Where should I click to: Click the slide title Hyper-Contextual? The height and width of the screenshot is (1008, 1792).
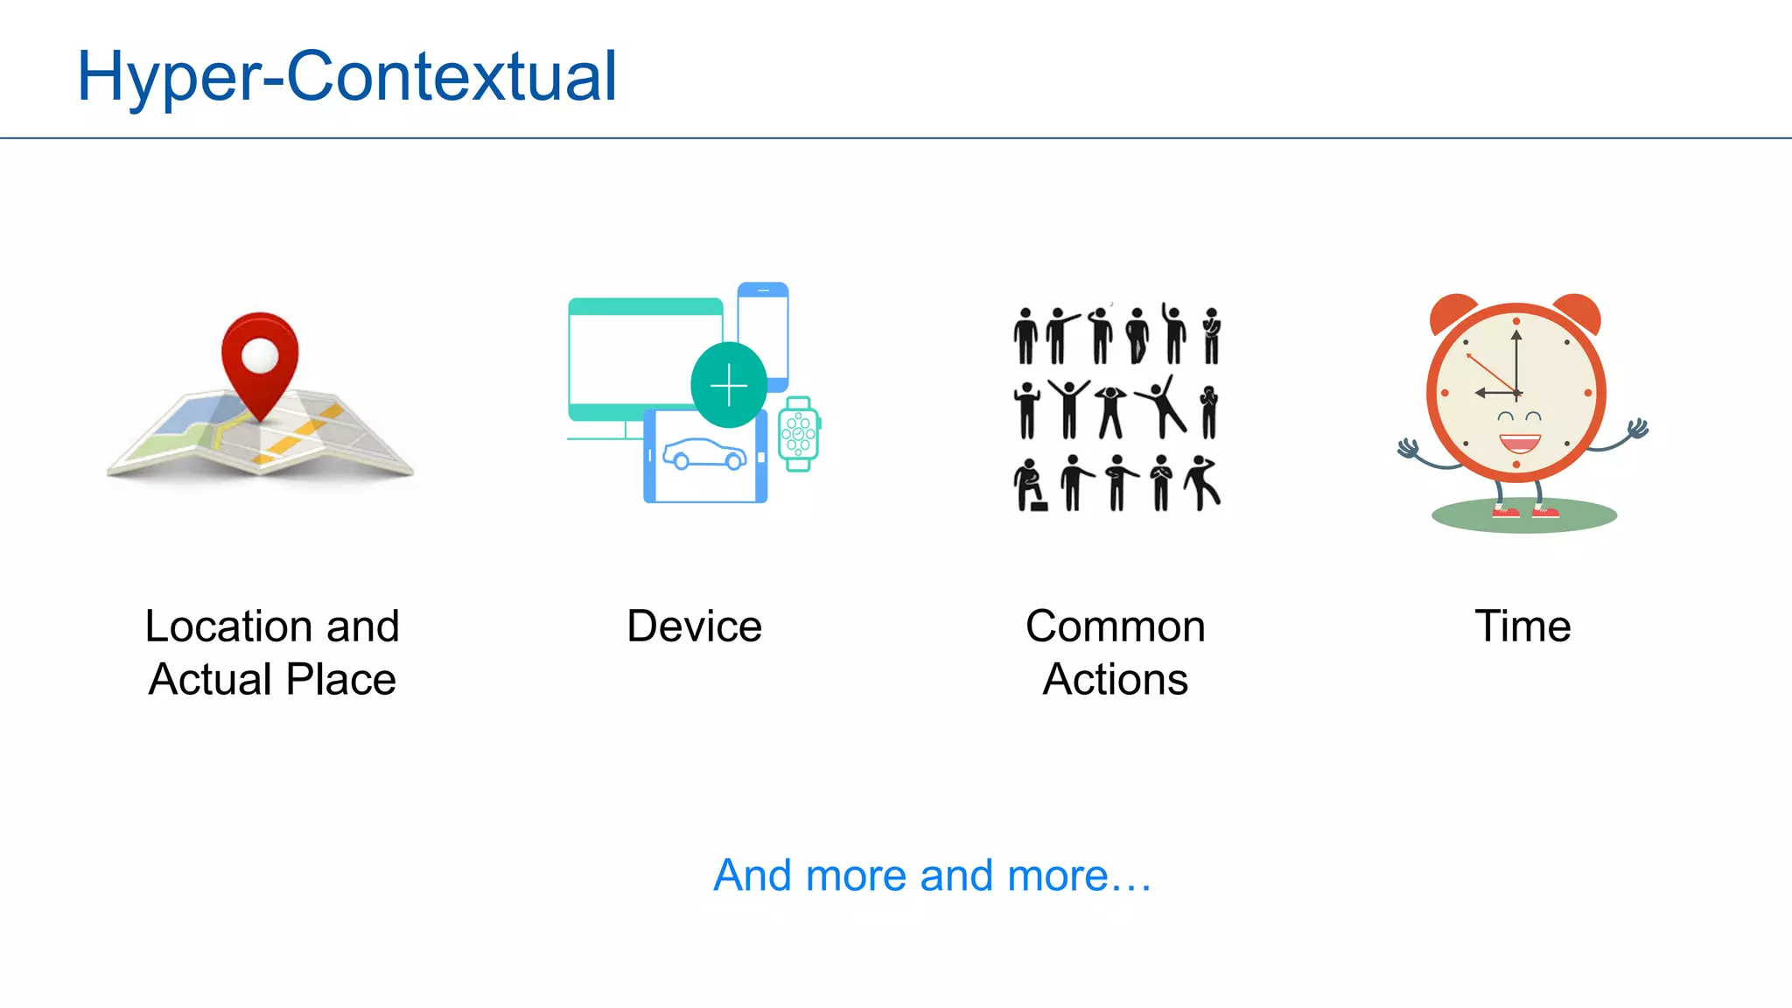[x=346, y=77]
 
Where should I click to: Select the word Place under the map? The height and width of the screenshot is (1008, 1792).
[x=341, y=680]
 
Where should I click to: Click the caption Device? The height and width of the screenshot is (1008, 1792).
[x=694, y=626]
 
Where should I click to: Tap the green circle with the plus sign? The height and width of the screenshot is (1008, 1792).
[x=729, y=385]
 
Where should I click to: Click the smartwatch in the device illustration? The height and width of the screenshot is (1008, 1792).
[x=798, y=434]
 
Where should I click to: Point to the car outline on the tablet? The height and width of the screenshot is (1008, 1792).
[x=704, y=454]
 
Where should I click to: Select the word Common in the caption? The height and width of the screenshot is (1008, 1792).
[x=1115, y=626]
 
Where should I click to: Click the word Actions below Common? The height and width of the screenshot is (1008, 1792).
[x=1115, y=680]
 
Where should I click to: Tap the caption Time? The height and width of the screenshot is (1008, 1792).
[x=1522, y=626]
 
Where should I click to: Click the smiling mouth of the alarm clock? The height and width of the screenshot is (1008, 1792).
[x=1520, y=443]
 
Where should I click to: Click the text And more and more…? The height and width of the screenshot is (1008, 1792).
[x=932, y=875]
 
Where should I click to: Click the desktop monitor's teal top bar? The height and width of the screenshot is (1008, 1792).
[x=646, y=306]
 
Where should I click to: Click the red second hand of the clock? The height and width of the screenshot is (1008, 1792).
[x=1491, y=373]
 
